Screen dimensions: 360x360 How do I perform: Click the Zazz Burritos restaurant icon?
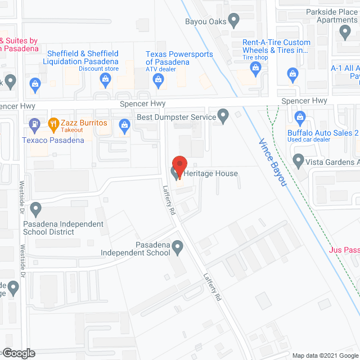point(54,123)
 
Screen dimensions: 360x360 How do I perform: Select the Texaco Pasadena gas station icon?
point(35,123)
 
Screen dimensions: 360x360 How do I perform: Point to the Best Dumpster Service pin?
point(223,117)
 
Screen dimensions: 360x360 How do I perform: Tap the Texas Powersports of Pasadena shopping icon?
point(159,82)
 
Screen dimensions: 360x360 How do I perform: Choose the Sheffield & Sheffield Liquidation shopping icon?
point(105,82)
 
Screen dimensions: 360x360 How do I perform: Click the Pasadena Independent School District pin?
point(37,210)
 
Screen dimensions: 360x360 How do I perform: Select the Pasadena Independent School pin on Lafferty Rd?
point(178,246)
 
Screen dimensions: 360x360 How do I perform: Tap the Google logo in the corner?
point(18,353)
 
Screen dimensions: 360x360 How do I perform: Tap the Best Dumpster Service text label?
point(177,117)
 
